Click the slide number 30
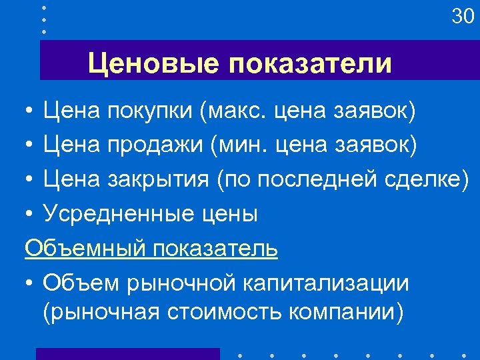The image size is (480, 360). [x=462, y=16]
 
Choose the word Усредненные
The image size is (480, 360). [x=118, y=213]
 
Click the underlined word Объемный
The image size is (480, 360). [x=85, y=248]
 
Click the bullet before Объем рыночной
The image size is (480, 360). [x=30, y=283]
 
